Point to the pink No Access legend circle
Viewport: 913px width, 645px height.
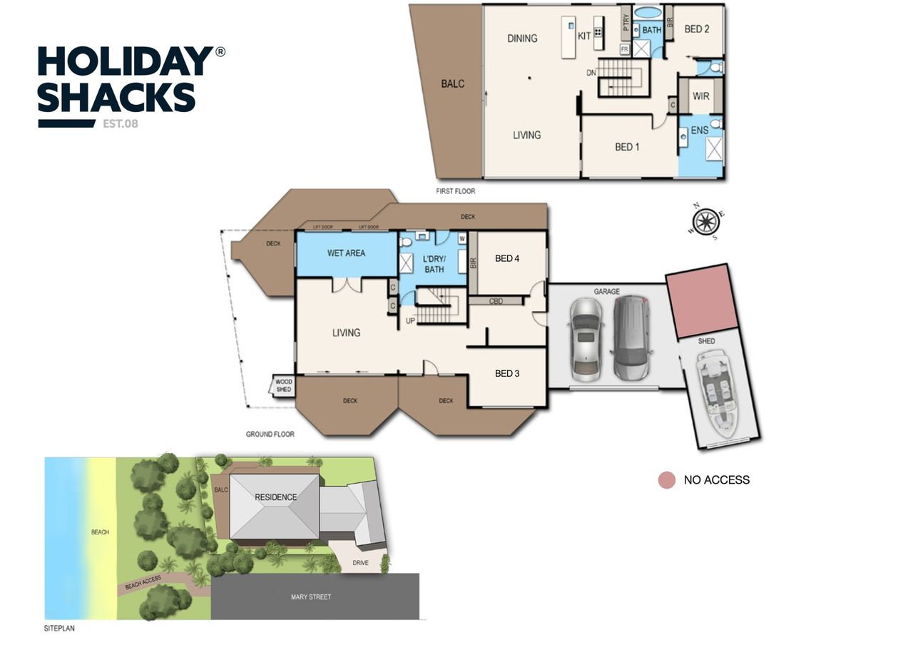point(666,480)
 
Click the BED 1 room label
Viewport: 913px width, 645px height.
point(627,147)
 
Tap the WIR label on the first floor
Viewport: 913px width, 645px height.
point(700,96)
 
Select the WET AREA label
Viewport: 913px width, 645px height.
point(346,253)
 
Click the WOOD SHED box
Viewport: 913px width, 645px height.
point(283,386)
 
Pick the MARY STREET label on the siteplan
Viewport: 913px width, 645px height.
point(311,596)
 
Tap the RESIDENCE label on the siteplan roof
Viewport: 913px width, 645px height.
point(275,497)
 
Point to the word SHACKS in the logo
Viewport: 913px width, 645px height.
point(116,98)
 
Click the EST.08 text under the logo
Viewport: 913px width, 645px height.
point(121,123)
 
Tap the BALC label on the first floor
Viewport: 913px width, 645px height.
point(452,84)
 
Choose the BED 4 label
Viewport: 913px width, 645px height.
point(507,258)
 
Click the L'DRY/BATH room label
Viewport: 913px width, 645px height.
point(434,263)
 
